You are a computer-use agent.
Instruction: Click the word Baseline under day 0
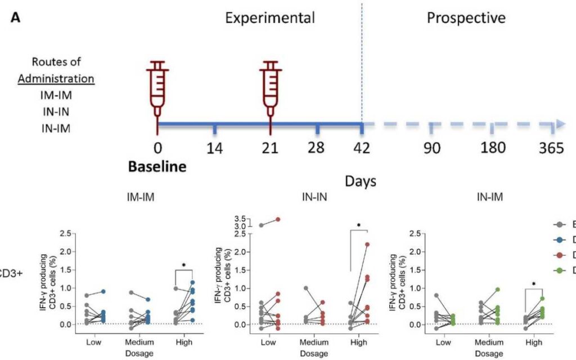pyautogui.click(x=157, y=166)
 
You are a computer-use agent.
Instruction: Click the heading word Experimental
pyautogui.click(x=270, y=18)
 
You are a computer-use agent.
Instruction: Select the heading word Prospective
pyautogui.click(x=466, y=18)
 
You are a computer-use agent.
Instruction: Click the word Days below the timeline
pyautogui.click(x=360, y=181)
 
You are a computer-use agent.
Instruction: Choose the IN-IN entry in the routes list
pyautogui.click(x=56, y=111)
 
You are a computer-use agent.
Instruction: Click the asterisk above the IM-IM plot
pyautogui.click(x=183, y=264)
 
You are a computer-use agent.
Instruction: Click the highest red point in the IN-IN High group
pyautogui.click(x=367, y=245)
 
